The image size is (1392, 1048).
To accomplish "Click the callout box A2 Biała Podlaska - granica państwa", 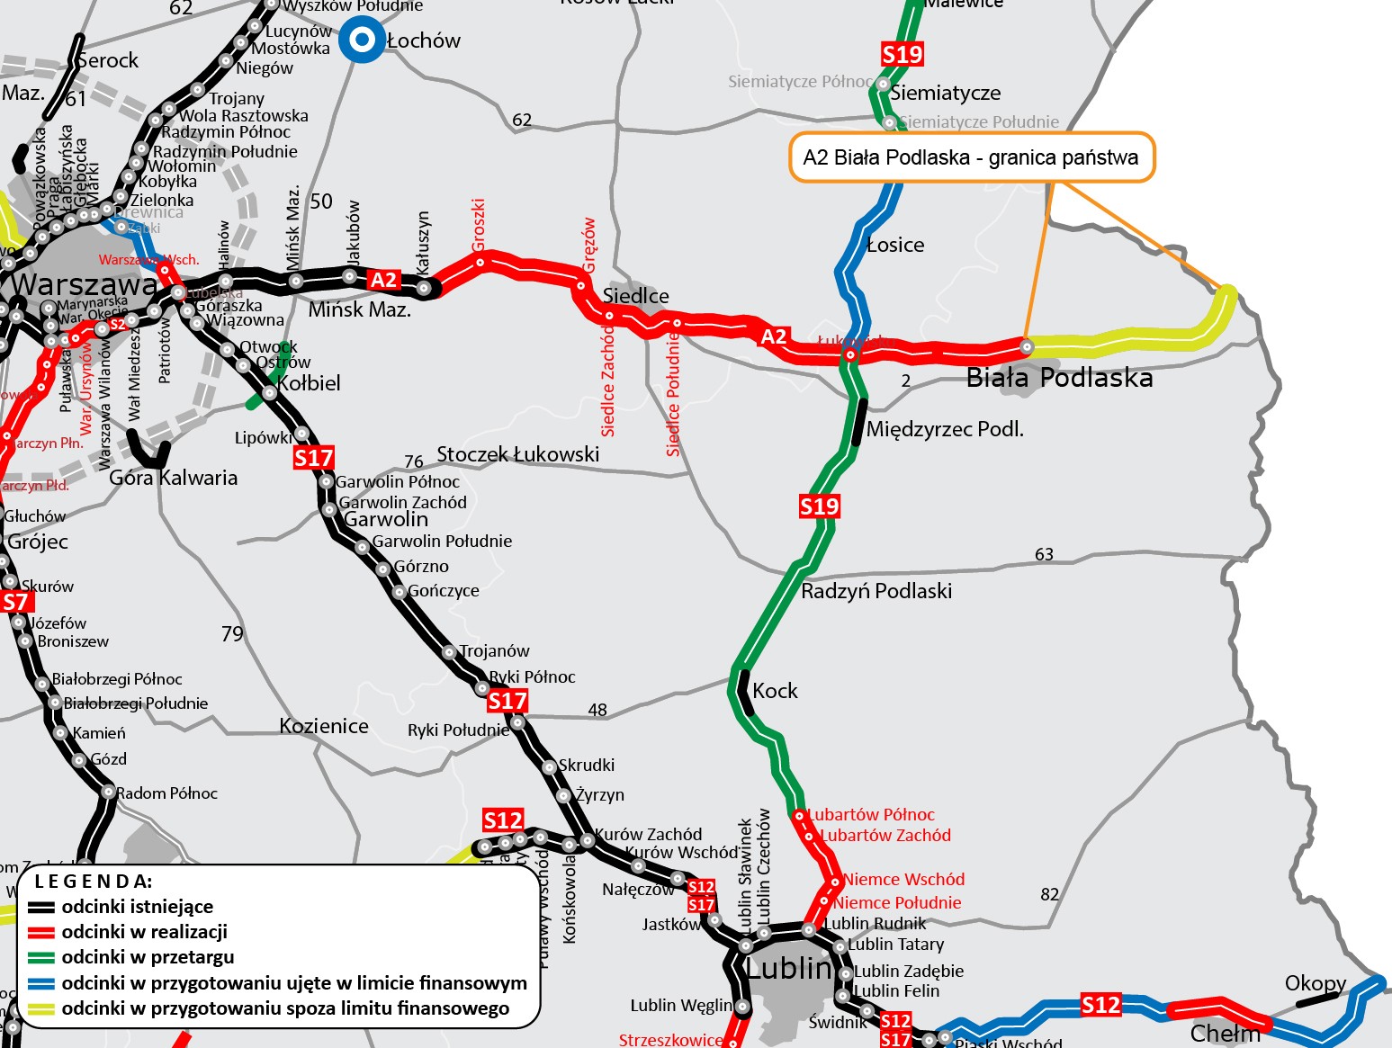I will click(x=971, y=157).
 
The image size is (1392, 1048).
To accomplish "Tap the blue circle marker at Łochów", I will click(x=362, y=40).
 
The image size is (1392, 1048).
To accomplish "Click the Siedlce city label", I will click(x=635, y=296).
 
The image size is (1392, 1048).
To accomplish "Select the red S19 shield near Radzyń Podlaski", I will click(x=819, y=506).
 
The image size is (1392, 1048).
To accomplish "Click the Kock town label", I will click(x=775, y=691).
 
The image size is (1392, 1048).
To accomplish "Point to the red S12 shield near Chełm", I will click(x=1100, y=1005).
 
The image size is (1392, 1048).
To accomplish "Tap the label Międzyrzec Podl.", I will click(x=945, y=429).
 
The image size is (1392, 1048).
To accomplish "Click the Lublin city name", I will click(x=789, y=968).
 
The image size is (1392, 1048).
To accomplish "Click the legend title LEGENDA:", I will click(x=94, y=881).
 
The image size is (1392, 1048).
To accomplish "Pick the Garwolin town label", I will click(x=386, y=519).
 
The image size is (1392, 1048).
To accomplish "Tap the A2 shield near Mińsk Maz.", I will click(x=383, y=280).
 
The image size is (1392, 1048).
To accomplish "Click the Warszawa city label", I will click(x=84, y=285).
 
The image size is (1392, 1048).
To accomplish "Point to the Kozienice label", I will click(x=324, y=726).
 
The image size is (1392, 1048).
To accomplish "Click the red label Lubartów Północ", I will click(x=871, y=815).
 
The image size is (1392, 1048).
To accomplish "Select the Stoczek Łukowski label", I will click(x=518, y=454).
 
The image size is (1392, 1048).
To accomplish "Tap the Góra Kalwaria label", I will click(x=174, y=478).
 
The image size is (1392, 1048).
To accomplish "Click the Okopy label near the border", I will click(x=1315, y=983).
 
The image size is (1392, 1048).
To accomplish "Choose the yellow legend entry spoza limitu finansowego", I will click(x=285, y=1008).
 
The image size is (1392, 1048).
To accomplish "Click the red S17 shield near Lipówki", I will click(x=313, y=459).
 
